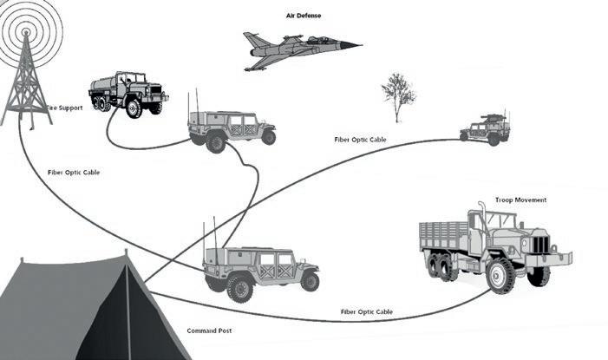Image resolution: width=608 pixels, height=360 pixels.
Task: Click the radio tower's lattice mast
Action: tap(26, 82)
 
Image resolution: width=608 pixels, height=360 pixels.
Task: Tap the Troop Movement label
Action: tap(520, 200)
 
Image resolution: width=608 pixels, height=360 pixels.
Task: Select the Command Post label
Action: tap(209, 331)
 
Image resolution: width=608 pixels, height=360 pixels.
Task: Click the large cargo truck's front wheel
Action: tap(500, 276)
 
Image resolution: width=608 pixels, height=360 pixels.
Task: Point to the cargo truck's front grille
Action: tap(539, 245)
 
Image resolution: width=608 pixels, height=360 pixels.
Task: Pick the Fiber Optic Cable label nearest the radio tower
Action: tap(74, 173)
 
